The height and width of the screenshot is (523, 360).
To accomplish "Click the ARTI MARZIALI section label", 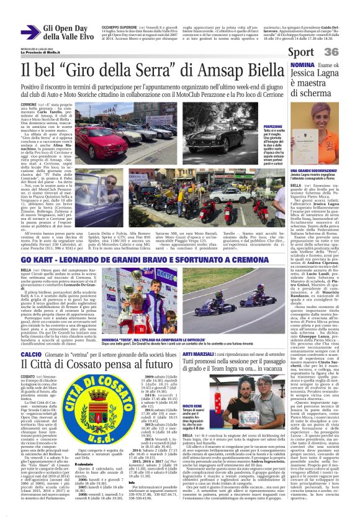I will click(200, 353).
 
